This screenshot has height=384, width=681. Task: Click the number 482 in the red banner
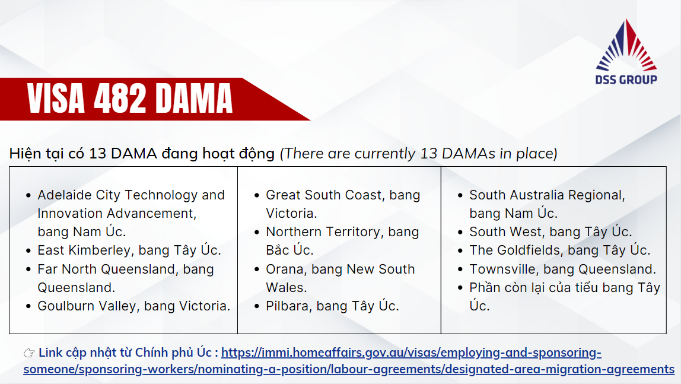(x=120, y=99)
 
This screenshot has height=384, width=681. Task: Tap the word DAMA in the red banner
(x=194, y=99)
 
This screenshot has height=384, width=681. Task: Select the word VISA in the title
(x=56, y=99)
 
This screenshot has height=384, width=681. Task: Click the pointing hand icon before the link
(x=29, y=353)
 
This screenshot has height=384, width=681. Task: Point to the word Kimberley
(x=100, y=250)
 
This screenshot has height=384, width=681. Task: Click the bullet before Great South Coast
(x=257, y=195)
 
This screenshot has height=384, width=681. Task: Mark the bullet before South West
(x=460, y=233)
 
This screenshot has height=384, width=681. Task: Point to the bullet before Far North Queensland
(x=28, y=269)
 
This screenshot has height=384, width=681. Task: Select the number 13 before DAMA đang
(x=98, y=153)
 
